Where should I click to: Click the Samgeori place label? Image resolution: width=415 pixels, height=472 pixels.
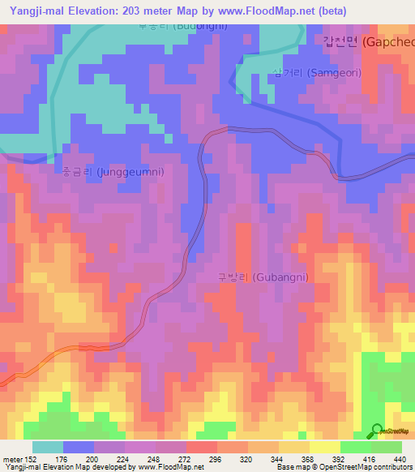316,74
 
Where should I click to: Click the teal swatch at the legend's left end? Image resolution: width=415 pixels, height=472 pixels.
48,447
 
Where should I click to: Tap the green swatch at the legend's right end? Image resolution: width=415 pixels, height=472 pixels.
387,447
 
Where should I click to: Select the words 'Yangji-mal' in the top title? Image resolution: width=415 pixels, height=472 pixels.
36,11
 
